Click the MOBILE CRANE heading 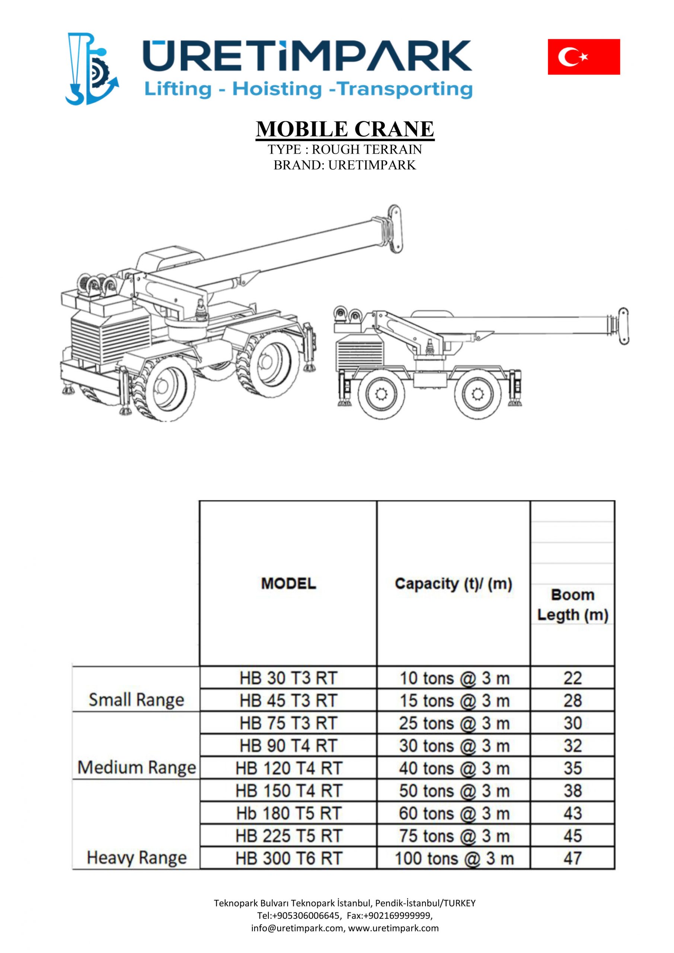pos(345,129)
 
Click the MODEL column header pos(288,584)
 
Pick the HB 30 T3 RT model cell pos(288,678)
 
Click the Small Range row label pos(136,700)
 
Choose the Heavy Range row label pos(136,858)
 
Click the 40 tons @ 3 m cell pos(454,768)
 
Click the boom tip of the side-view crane pos(623,326)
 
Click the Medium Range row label pos(136,768)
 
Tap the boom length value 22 pos(572,678)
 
